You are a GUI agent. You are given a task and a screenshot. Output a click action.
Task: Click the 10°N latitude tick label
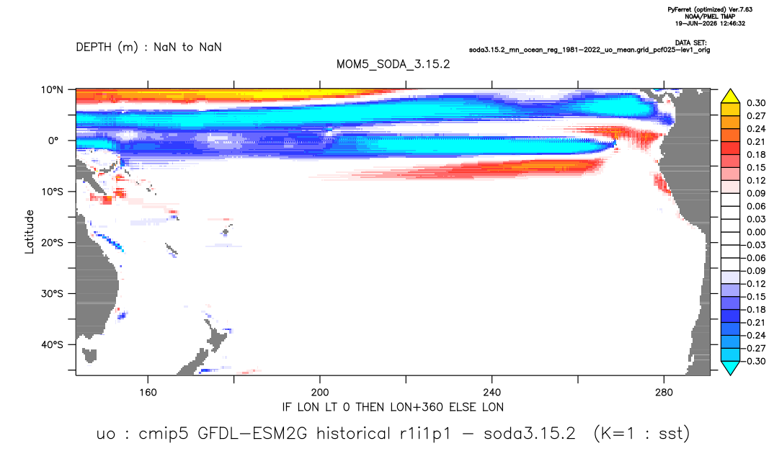tap(52, 90)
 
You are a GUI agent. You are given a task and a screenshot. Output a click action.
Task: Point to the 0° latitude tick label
tap(53, 140)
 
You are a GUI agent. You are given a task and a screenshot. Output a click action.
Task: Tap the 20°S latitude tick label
tap(52, 242)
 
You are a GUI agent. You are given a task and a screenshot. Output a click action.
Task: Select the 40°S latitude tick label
tap(52, 344)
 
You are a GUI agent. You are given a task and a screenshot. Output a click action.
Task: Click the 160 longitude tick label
tap(148, 393)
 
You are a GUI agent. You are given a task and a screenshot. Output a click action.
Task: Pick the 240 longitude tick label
tap(492, 393)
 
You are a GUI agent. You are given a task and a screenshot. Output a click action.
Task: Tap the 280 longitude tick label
tap(664, 393)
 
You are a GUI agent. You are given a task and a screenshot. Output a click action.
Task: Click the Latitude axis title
tap(30, 232)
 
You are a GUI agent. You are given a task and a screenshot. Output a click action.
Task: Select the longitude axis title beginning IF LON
tap(393, 407)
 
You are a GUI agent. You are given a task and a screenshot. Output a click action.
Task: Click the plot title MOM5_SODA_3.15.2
tap(393, 64)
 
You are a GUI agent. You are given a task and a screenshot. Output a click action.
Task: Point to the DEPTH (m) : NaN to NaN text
tap(148, 48)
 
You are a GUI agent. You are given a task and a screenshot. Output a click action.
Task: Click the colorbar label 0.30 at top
tap(756, 103)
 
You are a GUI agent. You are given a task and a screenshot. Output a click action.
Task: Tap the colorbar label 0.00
tap(756, 232)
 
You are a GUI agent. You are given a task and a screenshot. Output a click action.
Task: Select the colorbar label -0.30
tap(754, 361)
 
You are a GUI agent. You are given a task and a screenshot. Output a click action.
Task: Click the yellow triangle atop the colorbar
tap(730, 96)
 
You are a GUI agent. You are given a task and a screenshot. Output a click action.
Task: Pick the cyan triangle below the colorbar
tap(730, 367)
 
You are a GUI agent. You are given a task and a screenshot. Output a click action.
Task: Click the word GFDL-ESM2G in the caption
tap(252, 434)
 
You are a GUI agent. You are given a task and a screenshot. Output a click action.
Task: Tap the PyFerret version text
tap(710, 9)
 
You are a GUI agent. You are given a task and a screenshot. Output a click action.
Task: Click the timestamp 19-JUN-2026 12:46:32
tap(710, 23)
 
